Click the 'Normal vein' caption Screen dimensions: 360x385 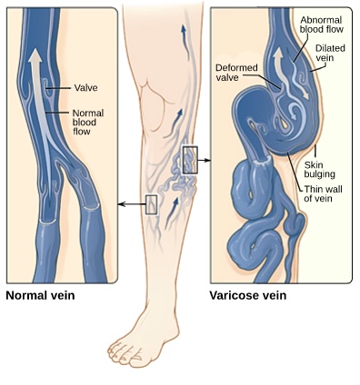click(40, 295)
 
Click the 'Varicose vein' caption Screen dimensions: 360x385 click(248, 295)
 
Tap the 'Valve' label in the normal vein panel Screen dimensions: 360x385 click(86, 88)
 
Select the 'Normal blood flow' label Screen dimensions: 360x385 click(88, 123)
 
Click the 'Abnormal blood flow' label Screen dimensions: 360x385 click(322, 25)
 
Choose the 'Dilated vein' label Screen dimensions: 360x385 click(330, 53)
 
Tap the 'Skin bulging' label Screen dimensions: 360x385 click(319, 170)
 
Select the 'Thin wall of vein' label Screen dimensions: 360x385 click(323, 193)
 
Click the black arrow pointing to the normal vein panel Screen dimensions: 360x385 click(132, 204)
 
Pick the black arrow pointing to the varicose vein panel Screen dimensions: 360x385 click(204, 160)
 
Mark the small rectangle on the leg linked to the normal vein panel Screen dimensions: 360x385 click(151, 205)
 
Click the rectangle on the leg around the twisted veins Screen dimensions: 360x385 click(190, 160)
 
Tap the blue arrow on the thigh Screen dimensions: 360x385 click(185, 42)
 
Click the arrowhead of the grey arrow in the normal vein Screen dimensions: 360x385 click(35, 56)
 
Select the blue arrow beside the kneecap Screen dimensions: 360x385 click(175, 122)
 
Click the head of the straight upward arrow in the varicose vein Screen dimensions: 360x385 click(278, 54)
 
